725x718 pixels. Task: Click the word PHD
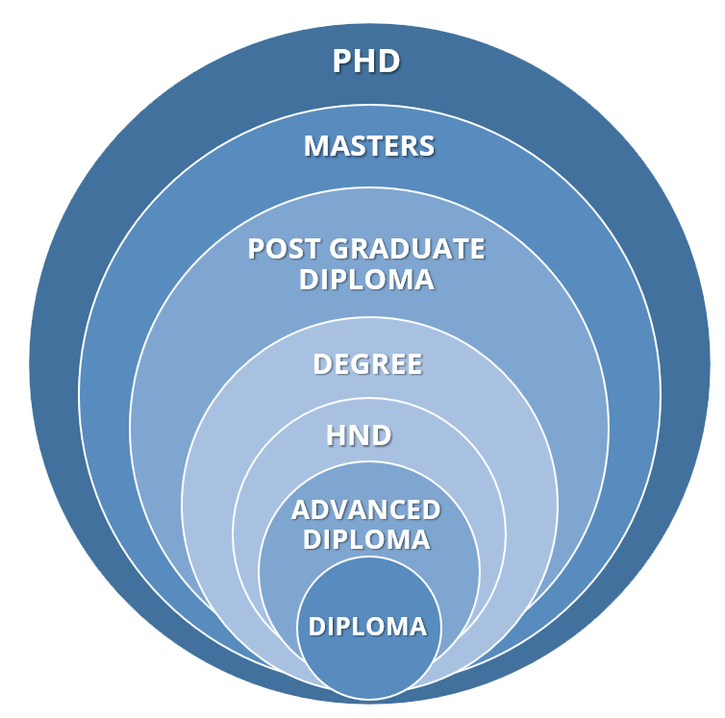[365, 61]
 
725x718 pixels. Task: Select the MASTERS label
[369, 146]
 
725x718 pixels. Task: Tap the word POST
[285, 249]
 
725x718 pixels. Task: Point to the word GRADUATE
[407, 249]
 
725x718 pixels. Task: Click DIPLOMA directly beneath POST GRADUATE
[366, 280]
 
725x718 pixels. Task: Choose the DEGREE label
[367, 364]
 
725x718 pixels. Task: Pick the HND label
[359, 435]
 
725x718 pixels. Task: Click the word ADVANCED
[365, 510]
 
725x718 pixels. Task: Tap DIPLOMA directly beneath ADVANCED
[366, 539]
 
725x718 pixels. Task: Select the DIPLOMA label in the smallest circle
[367, 627]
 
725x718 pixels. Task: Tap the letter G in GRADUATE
[339, 249]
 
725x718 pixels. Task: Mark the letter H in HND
[337, 435]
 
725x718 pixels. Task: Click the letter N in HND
[360, 435]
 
